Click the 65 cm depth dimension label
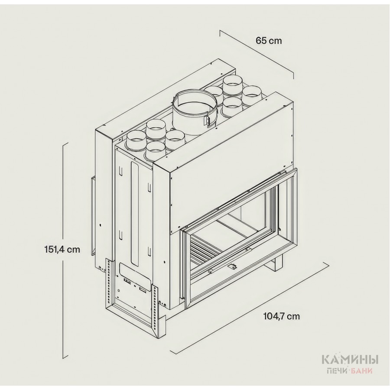tap(269, 40)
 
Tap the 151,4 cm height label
tap(62, 249)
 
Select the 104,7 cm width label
tap(282, 316)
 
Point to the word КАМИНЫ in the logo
tap(350, 360)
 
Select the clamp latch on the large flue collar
tap(207, 120)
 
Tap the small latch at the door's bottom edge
tap(233, 267)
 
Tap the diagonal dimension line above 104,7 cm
tap(248, 307)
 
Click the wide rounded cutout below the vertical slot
tap(136, 273)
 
